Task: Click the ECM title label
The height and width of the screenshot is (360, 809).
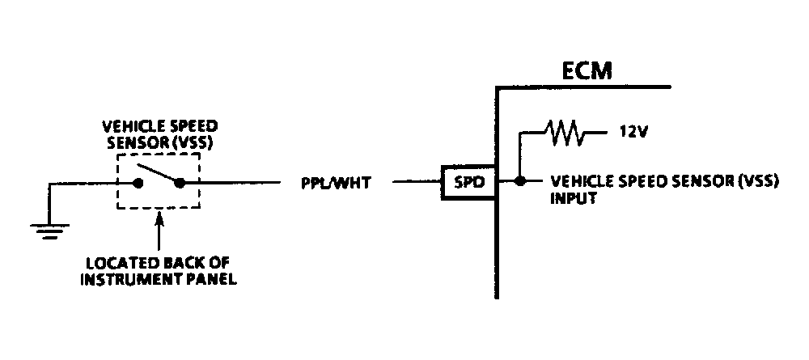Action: pos(587,71)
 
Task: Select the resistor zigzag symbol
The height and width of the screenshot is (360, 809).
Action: pos(565,133)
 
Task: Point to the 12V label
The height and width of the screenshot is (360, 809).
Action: pos(633,132)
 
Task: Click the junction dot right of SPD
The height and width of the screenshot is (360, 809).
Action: pos(520,181)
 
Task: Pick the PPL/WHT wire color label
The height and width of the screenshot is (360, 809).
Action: pos(336,183)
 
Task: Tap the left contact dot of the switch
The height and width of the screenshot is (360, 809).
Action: pos(138,183)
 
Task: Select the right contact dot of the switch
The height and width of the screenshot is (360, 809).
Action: pos(179,183)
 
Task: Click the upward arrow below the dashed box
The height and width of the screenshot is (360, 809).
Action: pos(159,232)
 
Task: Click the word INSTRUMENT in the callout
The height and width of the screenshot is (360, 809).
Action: pos(123,280)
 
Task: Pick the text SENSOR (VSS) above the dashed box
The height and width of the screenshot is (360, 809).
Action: pos(160,142)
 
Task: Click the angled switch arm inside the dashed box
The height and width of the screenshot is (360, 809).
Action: pos(157,173)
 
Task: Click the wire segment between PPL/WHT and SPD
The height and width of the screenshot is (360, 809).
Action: pos(417,181)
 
